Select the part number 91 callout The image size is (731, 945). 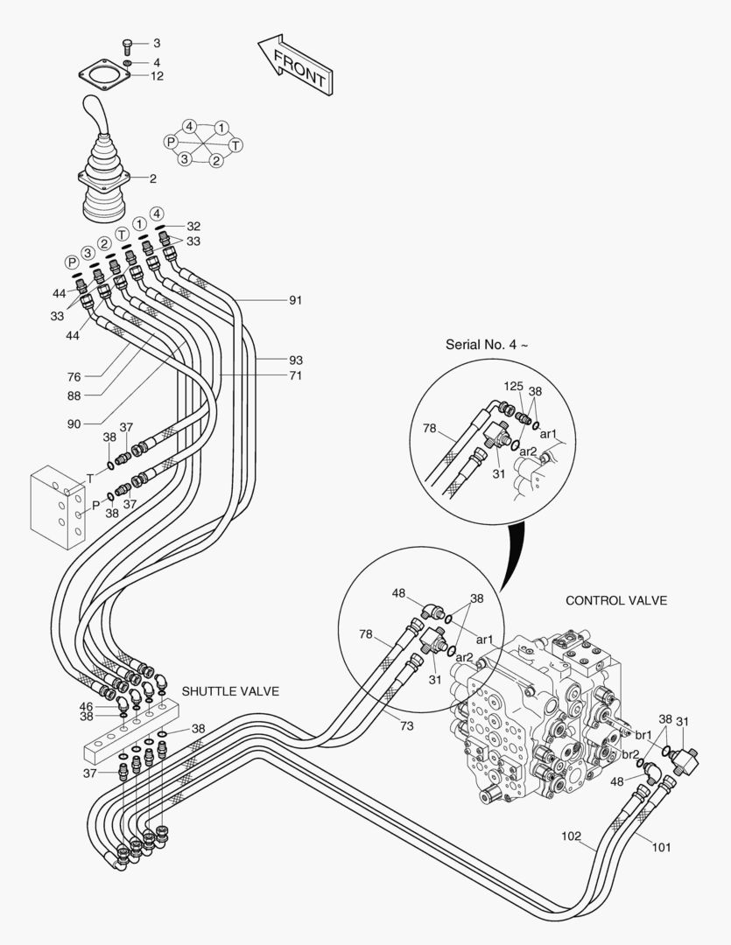pyautogui.click(x=296, y=300)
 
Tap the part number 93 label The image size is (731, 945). pyautogui.click(x=296, y=360)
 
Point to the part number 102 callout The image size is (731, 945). pyautogui.click(x=571, y=836)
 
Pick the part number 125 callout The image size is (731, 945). pyautogui.click(x=514, y=385)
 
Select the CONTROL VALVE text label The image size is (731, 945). pyautogui.click(x=616, y=601)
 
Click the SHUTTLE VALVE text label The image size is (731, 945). pyautogui.click(x=230, y=691)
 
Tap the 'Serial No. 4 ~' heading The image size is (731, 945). pyautogui.click(x=487, y=344)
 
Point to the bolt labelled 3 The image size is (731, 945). pyautogui.click(x=129, y=43)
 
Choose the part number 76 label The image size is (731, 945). pyautogui.click(x=74, y=377)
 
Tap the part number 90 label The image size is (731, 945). pyautogui.click(x=74, y=423)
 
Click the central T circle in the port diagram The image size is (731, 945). pyautogui.click(x=236, y=143)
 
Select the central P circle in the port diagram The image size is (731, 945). pyautogui.click(x=172, y=142)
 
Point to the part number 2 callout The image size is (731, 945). pyautogui.click(x=152, y=178)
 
